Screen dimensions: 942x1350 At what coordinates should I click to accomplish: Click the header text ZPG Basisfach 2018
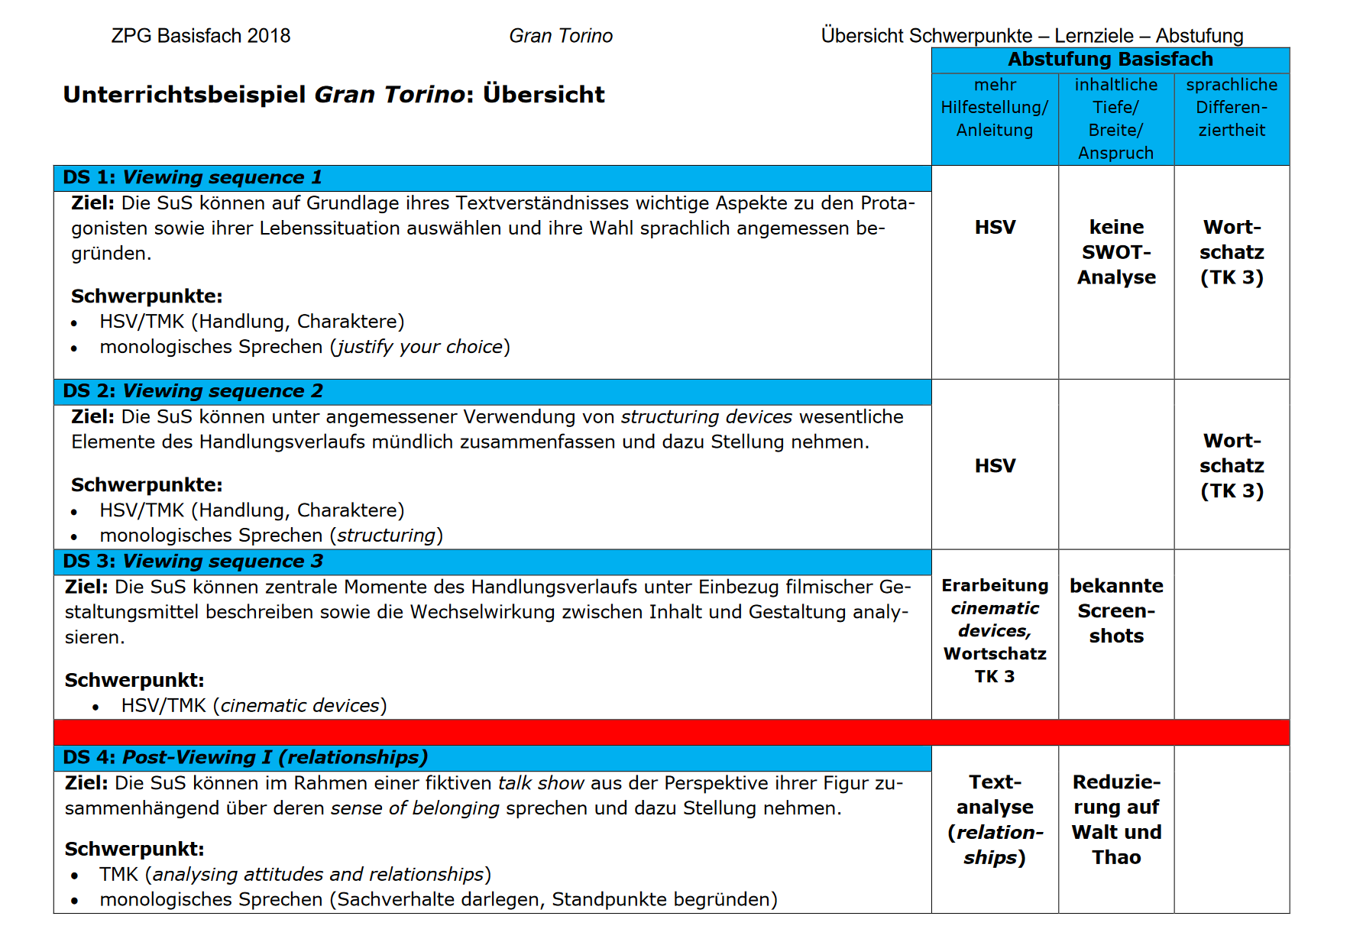[x=201, y=36]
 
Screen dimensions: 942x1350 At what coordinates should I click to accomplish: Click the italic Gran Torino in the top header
[x=561, y=36]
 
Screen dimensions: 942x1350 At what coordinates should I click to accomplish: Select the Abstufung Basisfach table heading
[x=1109, y=60]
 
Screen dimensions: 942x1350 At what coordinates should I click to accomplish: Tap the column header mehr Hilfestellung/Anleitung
[x=994, y=108]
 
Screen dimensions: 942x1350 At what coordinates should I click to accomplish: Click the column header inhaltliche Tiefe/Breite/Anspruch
[x=1115, y=118]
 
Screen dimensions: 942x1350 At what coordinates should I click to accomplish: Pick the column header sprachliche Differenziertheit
[x=1231, y=108]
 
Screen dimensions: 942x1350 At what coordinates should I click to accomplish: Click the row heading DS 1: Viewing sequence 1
[x=193, y=177]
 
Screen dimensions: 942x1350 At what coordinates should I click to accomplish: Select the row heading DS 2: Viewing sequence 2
[x=193, y=391]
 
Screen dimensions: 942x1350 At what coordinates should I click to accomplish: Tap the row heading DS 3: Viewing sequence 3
[x=193, y=562]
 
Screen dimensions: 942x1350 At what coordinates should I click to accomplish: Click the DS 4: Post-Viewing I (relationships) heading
[x=244, y=757]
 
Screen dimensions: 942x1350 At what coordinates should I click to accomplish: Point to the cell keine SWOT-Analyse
[x=1116, y=252]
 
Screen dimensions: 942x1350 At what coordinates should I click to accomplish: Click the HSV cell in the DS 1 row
[x=995, y=228]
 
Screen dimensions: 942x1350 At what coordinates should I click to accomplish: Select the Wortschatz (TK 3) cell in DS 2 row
[x=1231, y=466]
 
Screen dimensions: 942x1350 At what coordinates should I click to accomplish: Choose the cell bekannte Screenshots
[x=1116, y=611]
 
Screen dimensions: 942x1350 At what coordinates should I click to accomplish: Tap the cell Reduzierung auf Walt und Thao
[x=1116, y=820]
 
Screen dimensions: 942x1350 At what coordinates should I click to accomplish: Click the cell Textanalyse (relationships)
[x=995, y=820]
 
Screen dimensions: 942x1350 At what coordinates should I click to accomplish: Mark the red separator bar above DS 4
[x=671, y=732]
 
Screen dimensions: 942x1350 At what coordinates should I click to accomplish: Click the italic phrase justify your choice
[x=420, y=347]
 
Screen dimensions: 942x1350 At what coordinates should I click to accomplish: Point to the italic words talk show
[x=541, y=783]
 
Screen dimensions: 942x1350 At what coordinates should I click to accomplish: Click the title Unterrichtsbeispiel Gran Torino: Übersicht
[x=334, y=95]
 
